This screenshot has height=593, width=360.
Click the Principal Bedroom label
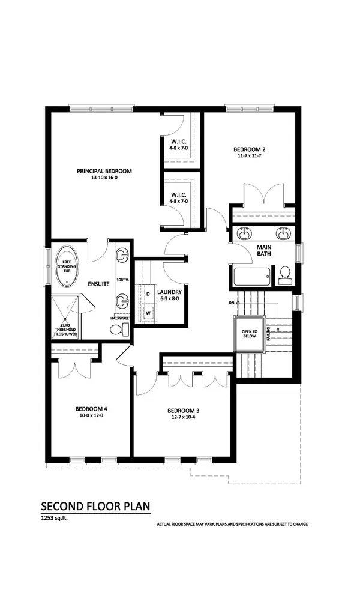pyautogui.click(x=104, y=171)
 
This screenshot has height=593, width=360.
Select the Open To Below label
pyautogui.click(x=249, y=333)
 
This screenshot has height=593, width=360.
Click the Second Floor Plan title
pyautogui.click(x=95, y=507)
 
